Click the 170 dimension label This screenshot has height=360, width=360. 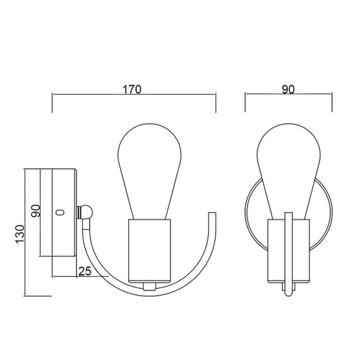click(x=132, y=89)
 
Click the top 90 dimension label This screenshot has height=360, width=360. click(x=288, y=89)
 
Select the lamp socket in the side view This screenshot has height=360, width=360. click(x=150, y=251)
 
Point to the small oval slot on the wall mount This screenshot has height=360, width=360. click(x=60, y=212)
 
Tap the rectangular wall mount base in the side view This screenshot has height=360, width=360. click(x=58, y=212)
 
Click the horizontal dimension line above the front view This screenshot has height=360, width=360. click(x=288, y=96)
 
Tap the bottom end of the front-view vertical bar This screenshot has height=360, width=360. click(x=288, y=292)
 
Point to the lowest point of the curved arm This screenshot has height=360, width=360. click(x=150, y=289)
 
